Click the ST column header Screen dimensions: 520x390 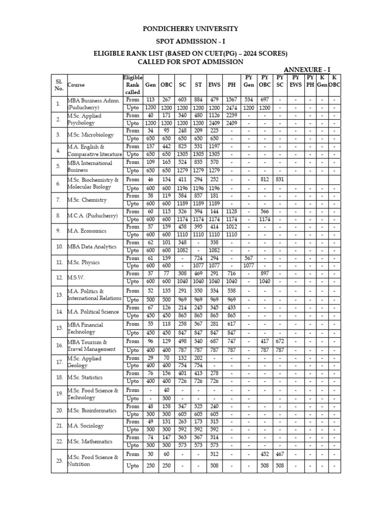pos(199,85)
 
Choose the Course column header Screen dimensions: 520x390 pos(76,85)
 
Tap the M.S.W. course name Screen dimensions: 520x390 pos(76,278)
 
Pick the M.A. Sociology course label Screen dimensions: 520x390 pos(85,426)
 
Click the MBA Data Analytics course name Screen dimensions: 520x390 pos(92,246)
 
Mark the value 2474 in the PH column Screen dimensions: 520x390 pos(232,108)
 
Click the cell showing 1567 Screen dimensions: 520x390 pos(232,100)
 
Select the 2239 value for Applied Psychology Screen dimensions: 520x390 pos(232,115)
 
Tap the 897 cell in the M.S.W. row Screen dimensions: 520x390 pos(265,274)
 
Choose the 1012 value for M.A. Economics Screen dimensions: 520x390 pos(232,227)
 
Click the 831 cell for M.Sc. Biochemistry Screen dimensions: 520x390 pos(280,179)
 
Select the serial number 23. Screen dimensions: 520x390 pos(59,461)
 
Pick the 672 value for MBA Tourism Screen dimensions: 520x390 pos(280,341)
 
